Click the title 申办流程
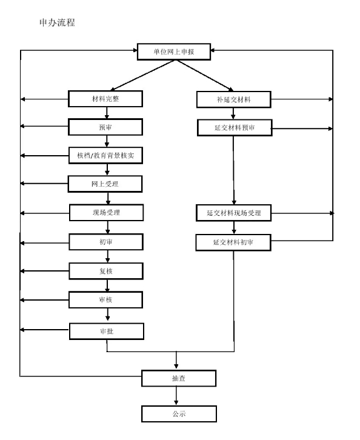(57, 22)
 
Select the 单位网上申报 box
(174, 52)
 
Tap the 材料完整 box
(105, 99)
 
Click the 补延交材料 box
(234, 99)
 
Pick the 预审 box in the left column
(105, 127)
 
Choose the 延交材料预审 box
(235, 128)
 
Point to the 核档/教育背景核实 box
(106, 156)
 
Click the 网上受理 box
(105, 184)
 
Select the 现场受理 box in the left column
(106, 213)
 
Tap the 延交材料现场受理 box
(234, 213)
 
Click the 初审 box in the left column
(106, 242)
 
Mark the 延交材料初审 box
(233, 242)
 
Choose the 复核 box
(106, 271)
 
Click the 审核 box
(106, 300)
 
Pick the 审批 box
(107, 332)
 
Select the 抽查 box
(179, 378)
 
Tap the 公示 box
(179, 414)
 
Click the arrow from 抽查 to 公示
(176, 396)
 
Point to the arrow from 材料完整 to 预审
(107, 113)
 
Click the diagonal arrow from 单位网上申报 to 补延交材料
(205, 76)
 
